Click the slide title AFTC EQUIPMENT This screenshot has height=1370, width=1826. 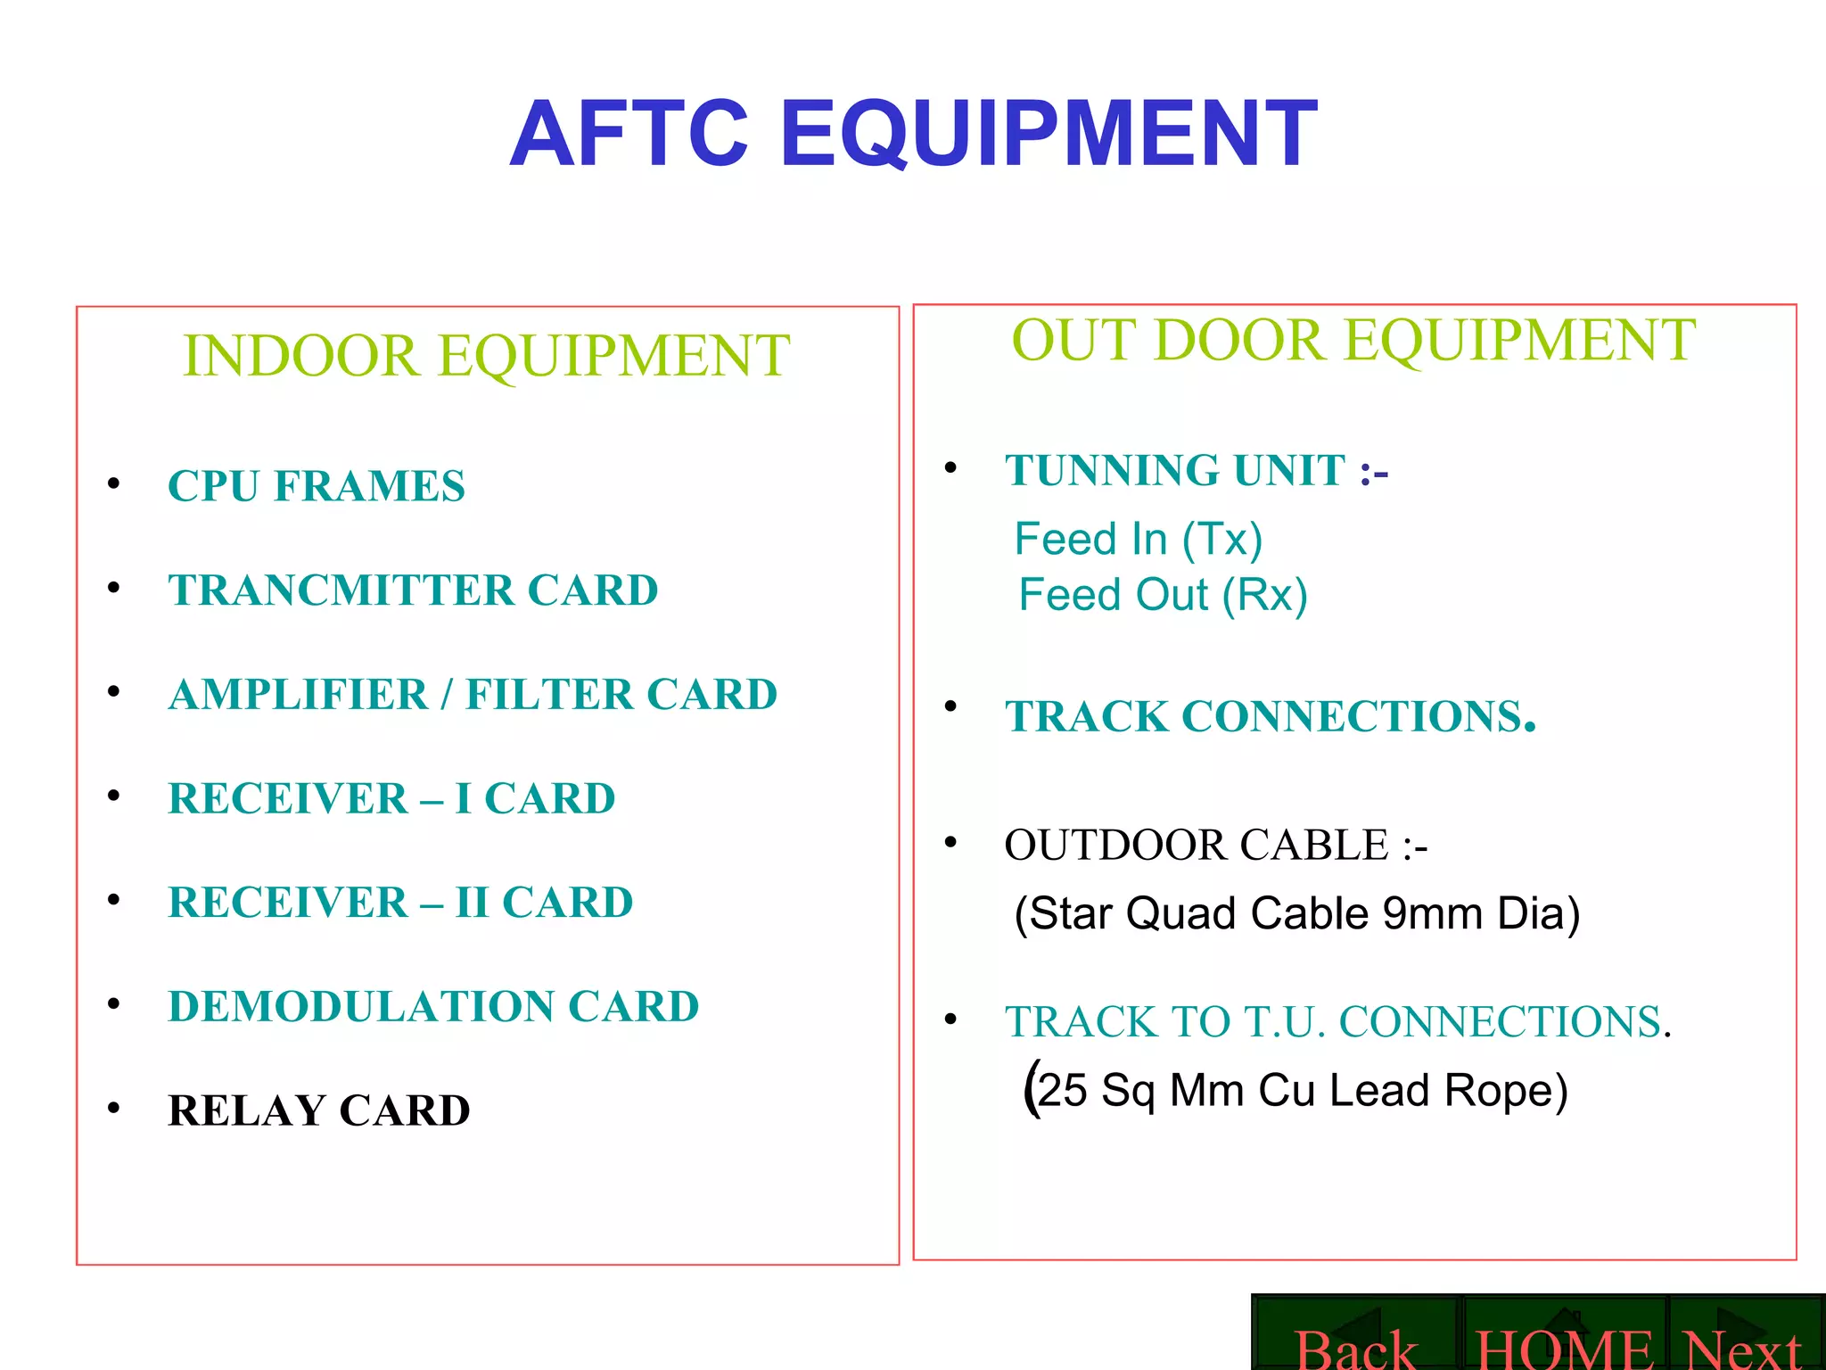[913, 134]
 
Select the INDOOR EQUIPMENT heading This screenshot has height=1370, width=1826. [486, 355]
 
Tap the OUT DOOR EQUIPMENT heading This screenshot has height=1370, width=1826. [1353, 340]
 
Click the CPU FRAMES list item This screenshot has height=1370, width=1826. [317, 486]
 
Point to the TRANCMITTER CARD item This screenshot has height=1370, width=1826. [413, 590]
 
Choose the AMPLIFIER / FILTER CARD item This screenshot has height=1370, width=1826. [473, 695]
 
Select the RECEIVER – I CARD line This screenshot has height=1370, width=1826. [391, 798]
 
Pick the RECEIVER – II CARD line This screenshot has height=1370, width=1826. [400, 902]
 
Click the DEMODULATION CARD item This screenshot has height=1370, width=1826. [433, 1006]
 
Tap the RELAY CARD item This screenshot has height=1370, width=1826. [319, 1110]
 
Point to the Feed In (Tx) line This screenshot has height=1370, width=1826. [1139, 539]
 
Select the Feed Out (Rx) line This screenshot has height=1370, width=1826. [1163, 595]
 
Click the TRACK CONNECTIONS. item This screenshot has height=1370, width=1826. [1271, 716]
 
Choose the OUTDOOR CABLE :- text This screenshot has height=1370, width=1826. [1215, 845]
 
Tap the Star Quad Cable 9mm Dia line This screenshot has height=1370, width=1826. [1297, 913]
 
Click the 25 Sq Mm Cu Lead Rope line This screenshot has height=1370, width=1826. [1297, 1090]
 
